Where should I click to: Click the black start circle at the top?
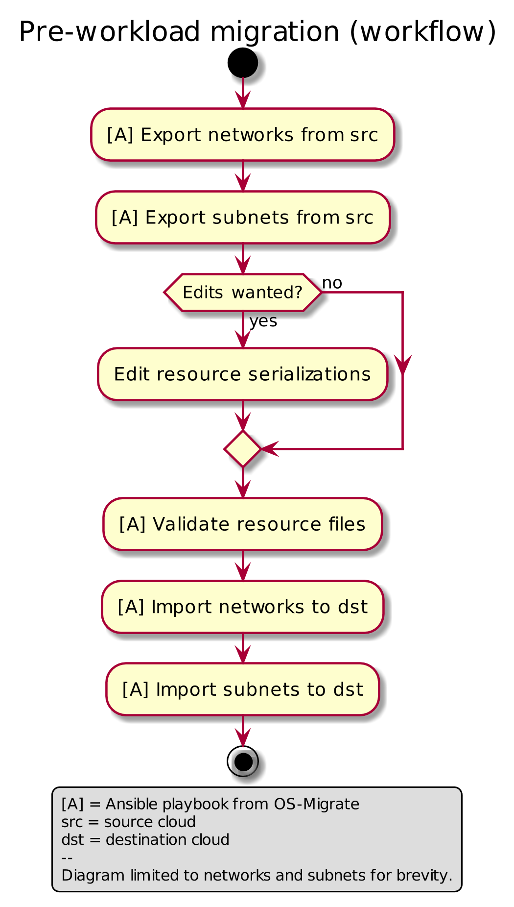(x=243, y=63)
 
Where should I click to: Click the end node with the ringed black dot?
(x=243, y=761)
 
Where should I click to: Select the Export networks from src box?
(x=243, y=135)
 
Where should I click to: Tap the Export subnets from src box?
(x=243, y=218)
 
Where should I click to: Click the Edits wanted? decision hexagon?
(x=243, y=293)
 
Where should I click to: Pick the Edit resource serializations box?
(x=243, y=374)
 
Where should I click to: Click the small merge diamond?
(x=243, y=449)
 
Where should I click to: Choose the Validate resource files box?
(x=243, y=524)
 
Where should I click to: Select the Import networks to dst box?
(x=243, y=607)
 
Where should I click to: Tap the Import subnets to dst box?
(x=243, y=689)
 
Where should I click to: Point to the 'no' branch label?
(x=332, y=283)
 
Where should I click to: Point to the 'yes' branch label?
(x=263, y=321)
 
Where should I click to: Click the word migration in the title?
(x=275, y=32)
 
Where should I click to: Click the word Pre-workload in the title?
(x=110, y=32)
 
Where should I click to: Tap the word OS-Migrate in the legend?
(x=316, y=804)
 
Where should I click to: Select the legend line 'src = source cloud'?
(x=128, y=822)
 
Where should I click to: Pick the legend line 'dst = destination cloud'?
(x=145, y=840)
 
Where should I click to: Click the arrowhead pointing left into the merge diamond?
(x=270, y=449)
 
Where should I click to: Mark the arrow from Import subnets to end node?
(x=243, y=731)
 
